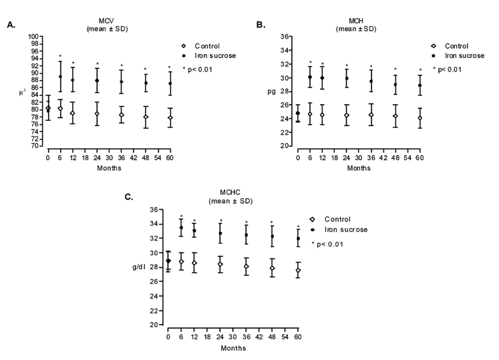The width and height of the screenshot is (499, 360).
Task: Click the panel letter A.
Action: click(x=11, y=25)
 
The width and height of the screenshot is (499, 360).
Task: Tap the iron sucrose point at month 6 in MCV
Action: click(x=60, y=77)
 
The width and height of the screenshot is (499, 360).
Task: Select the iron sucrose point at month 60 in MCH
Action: click(x=420, y=85)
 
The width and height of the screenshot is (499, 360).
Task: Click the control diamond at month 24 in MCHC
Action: click(x=220, y=264)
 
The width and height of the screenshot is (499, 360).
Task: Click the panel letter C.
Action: click(x=129, y=198)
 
